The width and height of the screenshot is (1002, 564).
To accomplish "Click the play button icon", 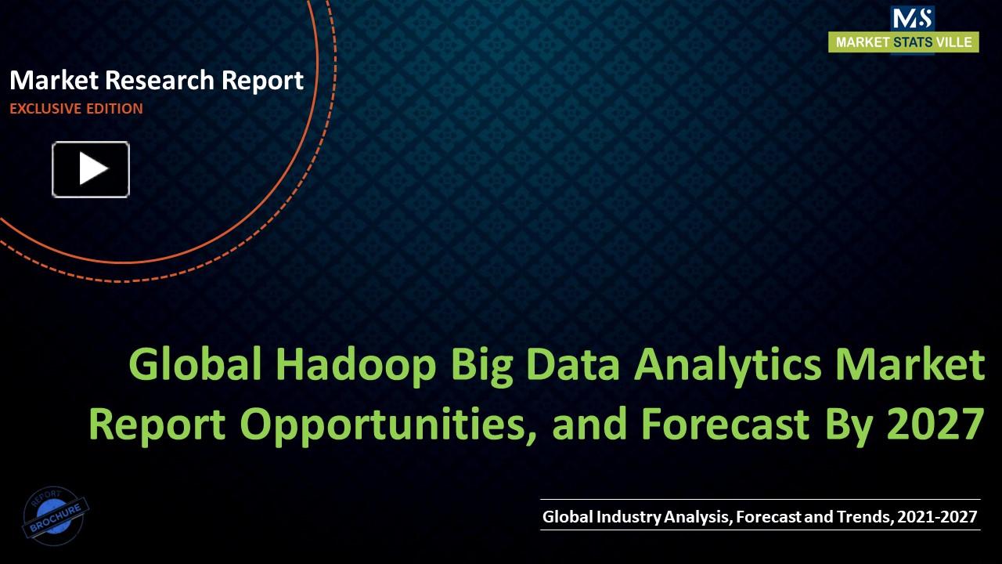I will pyautogui.click(x=91, y=169).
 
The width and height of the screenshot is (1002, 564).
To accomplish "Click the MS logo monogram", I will pyautogui.click(x=912, y=18).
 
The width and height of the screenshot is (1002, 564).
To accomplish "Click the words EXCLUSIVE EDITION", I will pyautogui.click(x=76, y=109).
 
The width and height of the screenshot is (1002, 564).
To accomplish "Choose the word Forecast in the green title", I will pyautogui.click(x=725, y=424).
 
